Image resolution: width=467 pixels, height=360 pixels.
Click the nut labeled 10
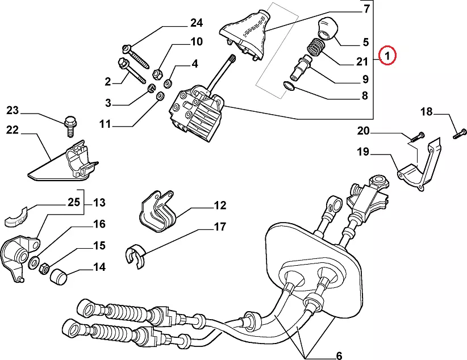coord(159,73)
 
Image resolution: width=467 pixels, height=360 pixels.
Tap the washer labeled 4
coord(169,83)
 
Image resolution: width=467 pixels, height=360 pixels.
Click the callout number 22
coord(12,130)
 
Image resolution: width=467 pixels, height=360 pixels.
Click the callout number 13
coord(99,202)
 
